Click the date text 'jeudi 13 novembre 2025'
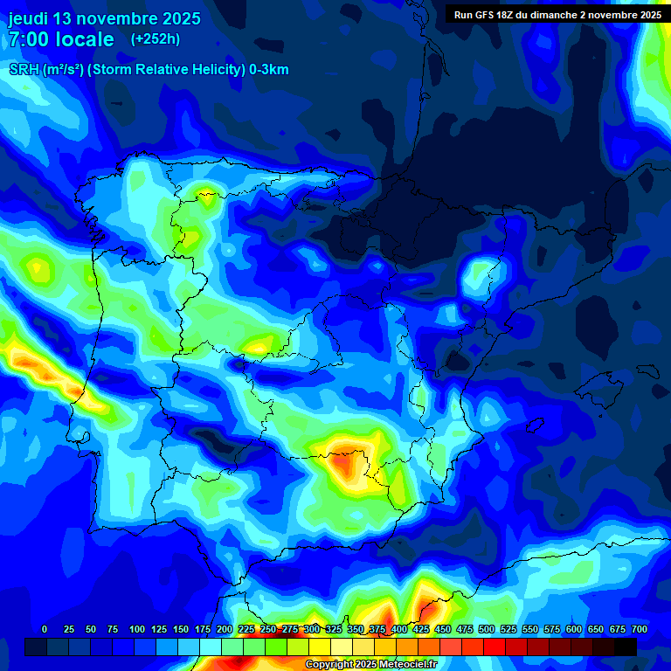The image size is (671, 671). click(x=105, y=18)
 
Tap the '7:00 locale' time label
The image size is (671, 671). click(x=61, y=39)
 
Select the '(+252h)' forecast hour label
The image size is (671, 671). click(x=155, y=39)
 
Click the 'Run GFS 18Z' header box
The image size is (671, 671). click(x=557, y=14)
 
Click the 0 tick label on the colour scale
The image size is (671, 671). click(x=45, y=629)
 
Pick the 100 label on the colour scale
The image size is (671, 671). click(x=137, y=629)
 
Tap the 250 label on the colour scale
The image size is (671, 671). click(x=268, y=629)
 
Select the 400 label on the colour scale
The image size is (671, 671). click(x=399, y=629)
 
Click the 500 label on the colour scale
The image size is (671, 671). click(x=487, y=629)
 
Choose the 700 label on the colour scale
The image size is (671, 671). click(x=640, y=629)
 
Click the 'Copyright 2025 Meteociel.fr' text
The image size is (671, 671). click(x=371, y=665)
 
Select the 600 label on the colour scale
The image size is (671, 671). click(x=574, y=629)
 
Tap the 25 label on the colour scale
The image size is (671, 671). click(x=67, y=629)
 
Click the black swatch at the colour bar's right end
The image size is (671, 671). click(x=626, y=647)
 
